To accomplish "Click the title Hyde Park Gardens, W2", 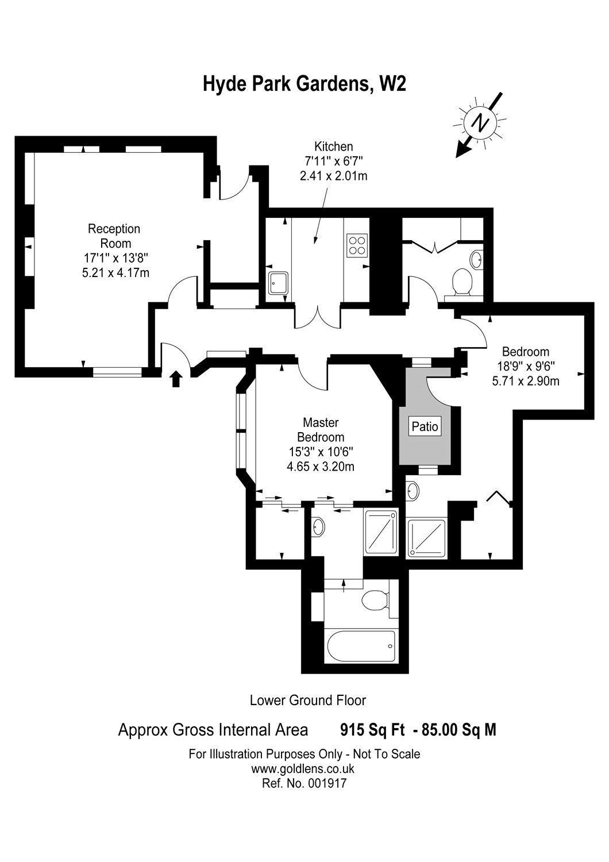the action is pos(304,84).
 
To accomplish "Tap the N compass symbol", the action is pos(479,123).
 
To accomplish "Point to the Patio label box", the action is pos(425,426).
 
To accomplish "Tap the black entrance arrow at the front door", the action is pos(176,379).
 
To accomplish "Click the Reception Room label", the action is pos(114,236).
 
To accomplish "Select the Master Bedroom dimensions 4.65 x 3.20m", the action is pos(321,467).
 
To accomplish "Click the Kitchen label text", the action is pos(334,147).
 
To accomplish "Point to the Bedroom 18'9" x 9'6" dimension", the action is pos(526,367).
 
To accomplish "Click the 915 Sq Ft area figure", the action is pos(372,729).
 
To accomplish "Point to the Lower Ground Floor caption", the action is pos(308,700).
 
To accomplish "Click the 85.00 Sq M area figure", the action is pos(459,729).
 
